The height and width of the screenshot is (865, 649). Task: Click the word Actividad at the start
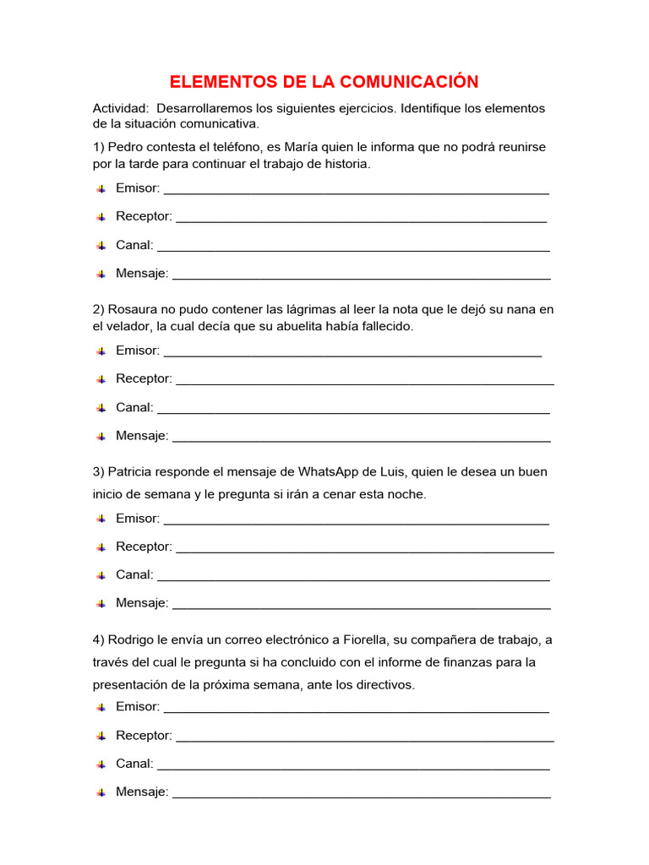click(x=120, y=109)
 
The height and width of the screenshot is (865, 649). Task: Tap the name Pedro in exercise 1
click(x=127, y=147)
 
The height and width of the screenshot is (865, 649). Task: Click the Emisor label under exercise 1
click(x=137, y=188)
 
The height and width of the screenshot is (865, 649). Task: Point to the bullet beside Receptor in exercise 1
click(x=101, y=217)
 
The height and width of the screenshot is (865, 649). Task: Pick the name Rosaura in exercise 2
click(x=134, y=309)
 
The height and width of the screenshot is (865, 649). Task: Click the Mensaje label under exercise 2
click(x=142, y=436)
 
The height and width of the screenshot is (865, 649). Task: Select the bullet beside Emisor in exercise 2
click(x=101, y=351)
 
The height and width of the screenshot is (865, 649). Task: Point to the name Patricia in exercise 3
click(x=133, y=471)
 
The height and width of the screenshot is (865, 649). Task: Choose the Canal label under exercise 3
click(x=134, y=575)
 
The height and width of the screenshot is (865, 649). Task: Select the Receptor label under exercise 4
click(x=144, y=736)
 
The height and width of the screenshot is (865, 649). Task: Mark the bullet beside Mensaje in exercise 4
click(x=101, y=792)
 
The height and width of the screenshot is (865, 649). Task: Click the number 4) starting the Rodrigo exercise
click(x=98, y=639)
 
